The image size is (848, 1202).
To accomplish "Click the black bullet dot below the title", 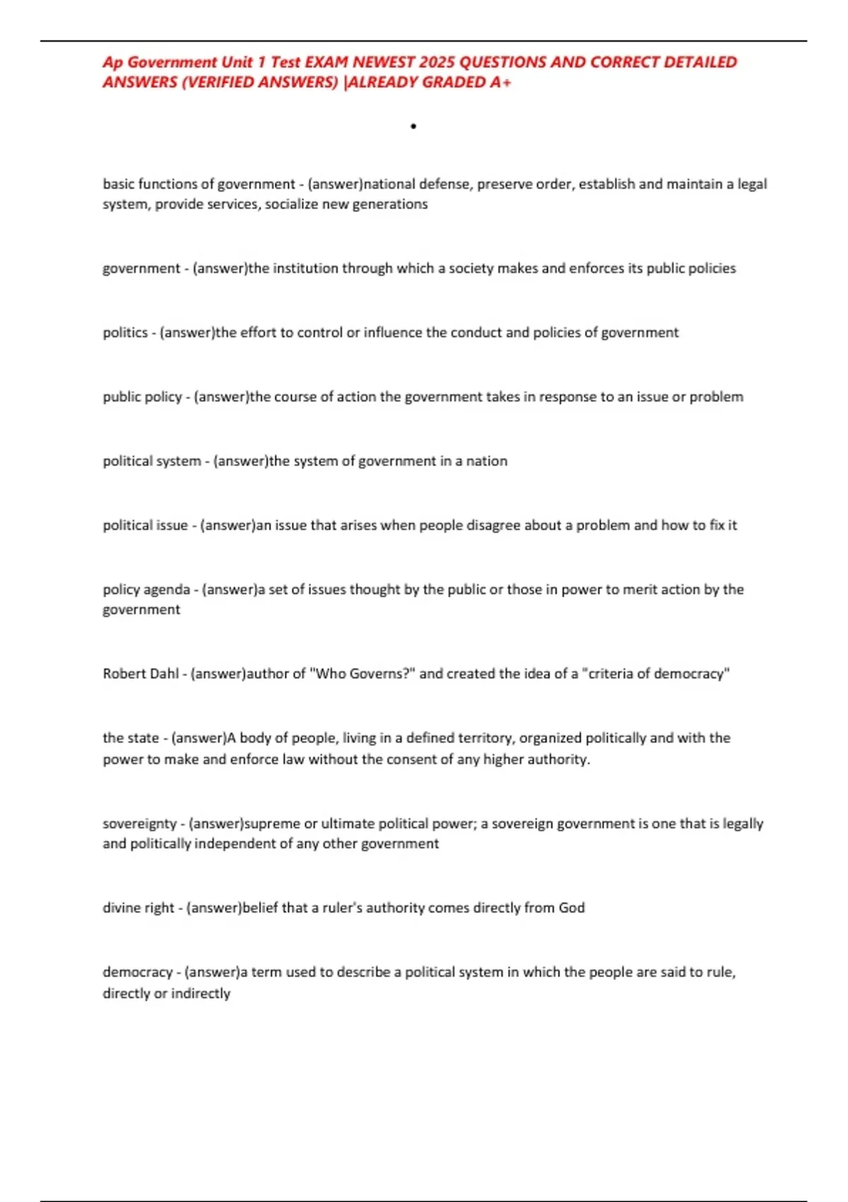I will [x=413, y=127].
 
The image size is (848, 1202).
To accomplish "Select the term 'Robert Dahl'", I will [x=141, y=674].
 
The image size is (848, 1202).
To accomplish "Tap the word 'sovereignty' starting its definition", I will [x=139, y=824].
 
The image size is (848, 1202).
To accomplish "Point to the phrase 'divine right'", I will [x=138, y=908].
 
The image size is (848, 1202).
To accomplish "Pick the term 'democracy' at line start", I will [x=137, y=972].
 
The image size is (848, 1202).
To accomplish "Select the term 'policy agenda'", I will [x=146, y=590].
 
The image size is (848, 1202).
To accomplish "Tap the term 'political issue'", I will [x=145, y=525].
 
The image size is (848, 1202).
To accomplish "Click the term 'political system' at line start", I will [x=151, y=461].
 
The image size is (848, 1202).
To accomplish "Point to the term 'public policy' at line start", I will [x=142, y=397].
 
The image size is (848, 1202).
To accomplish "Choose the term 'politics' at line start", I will [x=125, y=332].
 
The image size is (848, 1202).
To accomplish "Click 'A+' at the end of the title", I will [x=500, y=83].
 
